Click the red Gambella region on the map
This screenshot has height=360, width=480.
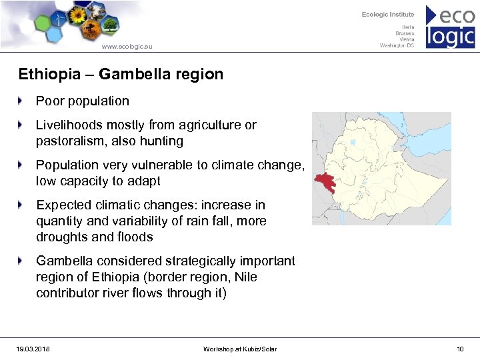point(325,182)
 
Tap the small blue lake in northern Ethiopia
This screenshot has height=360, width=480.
point(353,142)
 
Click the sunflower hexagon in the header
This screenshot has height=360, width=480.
point(79,15)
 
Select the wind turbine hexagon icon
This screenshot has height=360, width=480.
point(59,21)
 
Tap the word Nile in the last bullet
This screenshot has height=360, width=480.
point(245,277)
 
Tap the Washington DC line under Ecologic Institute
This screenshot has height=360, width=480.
point(397,45)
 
